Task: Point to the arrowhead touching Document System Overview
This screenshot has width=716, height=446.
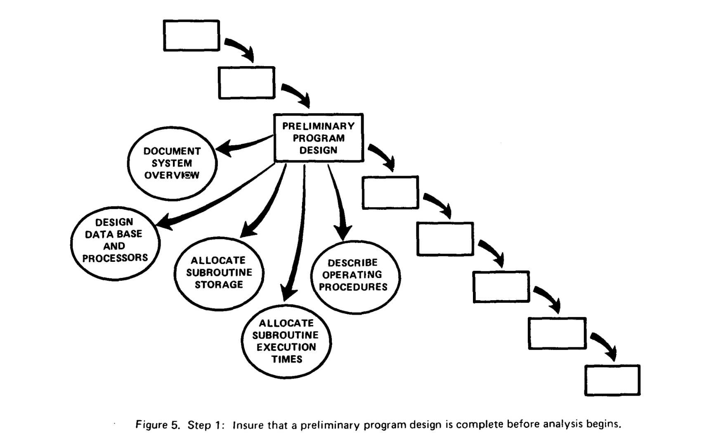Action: coord(224,148)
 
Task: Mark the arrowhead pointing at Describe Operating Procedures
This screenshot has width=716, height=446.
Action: coord(343,232)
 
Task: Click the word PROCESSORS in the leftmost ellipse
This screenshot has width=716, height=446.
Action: coord(115,258)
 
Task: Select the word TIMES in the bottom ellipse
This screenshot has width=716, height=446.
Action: coord(287,359)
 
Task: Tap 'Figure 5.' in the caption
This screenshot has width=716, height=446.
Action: coord(158,425)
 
